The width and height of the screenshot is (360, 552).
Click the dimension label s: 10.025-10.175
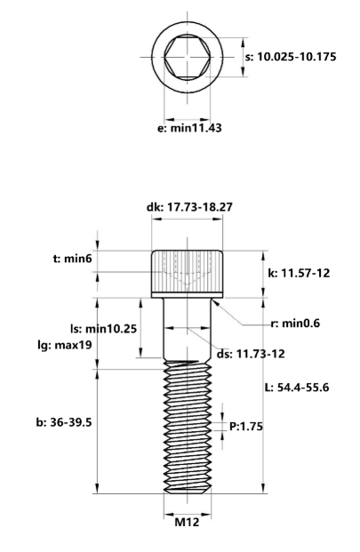pos(291,57)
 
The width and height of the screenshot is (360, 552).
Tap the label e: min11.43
pos(189,128)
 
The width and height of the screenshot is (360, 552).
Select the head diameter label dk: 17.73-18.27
pos(189,207)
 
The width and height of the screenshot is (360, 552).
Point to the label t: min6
pos(72,259)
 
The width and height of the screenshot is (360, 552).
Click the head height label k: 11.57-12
pos(299,273)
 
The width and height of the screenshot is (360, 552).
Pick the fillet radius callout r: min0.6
pos(295,324)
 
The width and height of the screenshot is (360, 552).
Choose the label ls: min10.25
pos(103,329)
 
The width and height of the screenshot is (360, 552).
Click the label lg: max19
pos(65,345)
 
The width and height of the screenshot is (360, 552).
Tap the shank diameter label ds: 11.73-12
pos(250,354)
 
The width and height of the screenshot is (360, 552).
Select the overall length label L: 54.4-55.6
pos(297,388)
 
